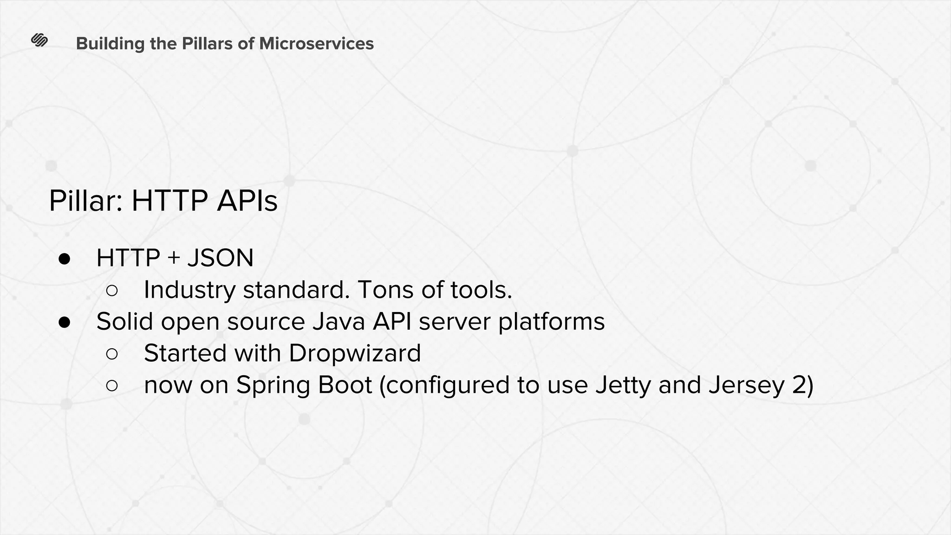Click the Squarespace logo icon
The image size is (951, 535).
pyautogui.click(x=39, y=41)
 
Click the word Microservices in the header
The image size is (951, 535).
pyautogui.click(x=316, y=44)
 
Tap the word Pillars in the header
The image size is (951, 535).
pyautogui.click(x=207, y=44)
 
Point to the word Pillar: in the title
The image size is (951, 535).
pyautogui.click(x=86, y=201)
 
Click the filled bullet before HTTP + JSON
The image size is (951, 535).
pyautogui.click(x=65, y=259)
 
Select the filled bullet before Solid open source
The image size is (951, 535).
pyautogui.click(x=65, y=322)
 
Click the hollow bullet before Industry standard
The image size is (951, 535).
pyautogui.click(x=112, y=291)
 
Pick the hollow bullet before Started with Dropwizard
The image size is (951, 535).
pyautogui.click(x=112, y=354)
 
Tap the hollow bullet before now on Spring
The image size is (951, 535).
pyautogui.click(x=112, y=385)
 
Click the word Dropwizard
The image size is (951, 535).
pyautogui.click(x=355, y=353)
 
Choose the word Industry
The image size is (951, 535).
pyautogui.click(x=189, y=290)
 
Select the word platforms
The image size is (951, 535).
pyautogui.click(x=551, y=322)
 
